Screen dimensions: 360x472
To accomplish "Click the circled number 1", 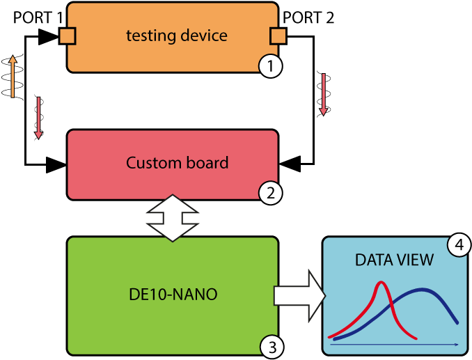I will click(x=270, y=67).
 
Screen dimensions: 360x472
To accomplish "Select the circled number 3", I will click(x=271, y=346).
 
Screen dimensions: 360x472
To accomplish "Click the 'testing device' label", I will click(x=176, y=36).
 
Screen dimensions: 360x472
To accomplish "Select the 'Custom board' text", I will click(x=177, y=163).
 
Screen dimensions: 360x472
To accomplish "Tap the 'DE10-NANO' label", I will click(x=172, y=295).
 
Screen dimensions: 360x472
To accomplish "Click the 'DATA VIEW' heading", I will click(x=394, y=260).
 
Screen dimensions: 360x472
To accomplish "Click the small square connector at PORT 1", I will click(x=68, y=36).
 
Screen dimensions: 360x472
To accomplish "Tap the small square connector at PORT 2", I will click(x=277, y=36).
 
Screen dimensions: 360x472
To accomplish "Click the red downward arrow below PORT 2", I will click(x=324, y=93).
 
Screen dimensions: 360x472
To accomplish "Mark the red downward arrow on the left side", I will click(x=39, y=118).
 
